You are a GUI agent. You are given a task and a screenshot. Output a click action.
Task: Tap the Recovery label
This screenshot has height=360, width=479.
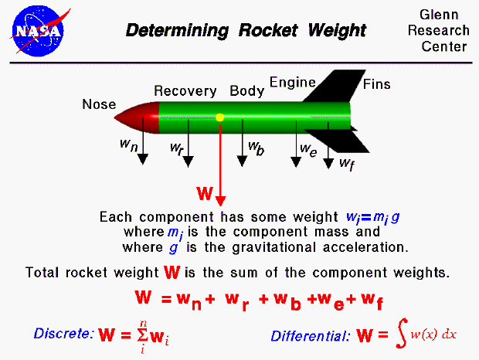(x=185, y=91)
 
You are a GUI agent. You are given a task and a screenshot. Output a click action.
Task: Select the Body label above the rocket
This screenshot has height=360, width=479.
(x=247, y=91)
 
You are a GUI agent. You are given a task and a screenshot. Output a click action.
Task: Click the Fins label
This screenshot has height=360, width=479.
(x=377, y=83)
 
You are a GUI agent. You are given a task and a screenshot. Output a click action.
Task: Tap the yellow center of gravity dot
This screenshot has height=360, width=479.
(x=220, y=117)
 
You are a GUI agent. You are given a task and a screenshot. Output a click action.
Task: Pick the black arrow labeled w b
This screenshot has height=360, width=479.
(x=242, y=151)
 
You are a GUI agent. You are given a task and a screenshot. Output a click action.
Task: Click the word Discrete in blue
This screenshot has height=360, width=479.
(x=63, y=335)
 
